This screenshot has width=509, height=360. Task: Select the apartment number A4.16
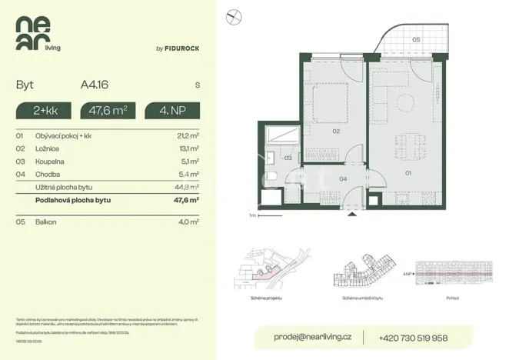click(x=94, y=85)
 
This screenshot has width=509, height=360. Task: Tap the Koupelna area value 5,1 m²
click(x=190, y=161)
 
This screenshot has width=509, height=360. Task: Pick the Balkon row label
click(x=46, y=222)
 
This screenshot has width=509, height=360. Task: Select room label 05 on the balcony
click(x=414, y=38)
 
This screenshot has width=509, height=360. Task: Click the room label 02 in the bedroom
click(x=336, y=132)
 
